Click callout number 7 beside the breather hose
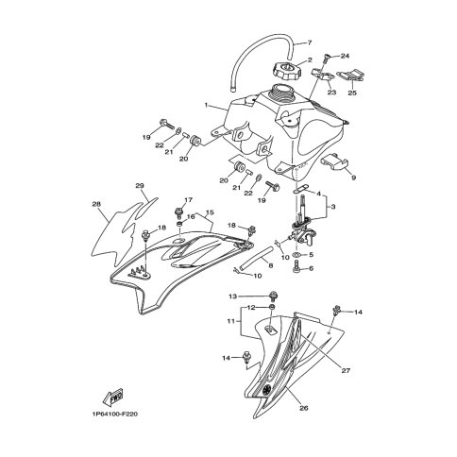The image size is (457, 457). point(308,44)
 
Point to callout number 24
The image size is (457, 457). point(345,56)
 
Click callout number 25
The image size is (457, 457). point(353,93)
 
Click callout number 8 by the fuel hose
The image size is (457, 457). point(270,267)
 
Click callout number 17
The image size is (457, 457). point(188,200)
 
